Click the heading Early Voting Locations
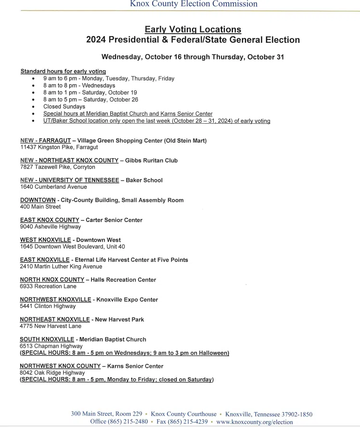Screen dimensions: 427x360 pyautogui.click(x=193, y=30)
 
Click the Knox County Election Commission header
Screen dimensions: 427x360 pyautogui.click(x=193, y=4)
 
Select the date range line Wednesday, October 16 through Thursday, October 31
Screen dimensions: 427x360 pyautogui.click(x=193, y=57)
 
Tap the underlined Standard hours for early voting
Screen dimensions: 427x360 pyautogui.click(x=63, y=71)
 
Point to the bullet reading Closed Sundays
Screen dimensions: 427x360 pyautogui.click(x=64, y=106)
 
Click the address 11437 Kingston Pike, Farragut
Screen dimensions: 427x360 pyautogui.click(x=59, y=147)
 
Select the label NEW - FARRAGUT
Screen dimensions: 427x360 pyautogui.click(x=45, y=141)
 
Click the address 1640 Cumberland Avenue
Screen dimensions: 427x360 pyautogui.click(x=53, y=187)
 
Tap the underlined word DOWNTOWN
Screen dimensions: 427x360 pyautogui.click(x=38, y=200)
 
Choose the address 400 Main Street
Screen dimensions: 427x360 pyautogui.click(x=40, y=207)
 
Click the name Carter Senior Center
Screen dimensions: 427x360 pyautogui.click(x=114, y=220)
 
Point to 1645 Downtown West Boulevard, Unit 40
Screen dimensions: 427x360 pyautogui.click(x=72, y=246)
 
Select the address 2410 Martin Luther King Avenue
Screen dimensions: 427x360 pyautogui.click(x=61, y=266)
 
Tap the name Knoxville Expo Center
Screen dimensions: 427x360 pyautogui.click(x=127, y=299)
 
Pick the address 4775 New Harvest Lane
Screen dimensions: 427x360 pyautogui.click(x=51, y=326)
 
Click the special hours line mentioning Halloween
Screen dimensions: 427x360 pyautogui.click(x=124, y=353)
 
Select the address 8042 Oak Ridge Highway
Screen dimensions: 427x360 pyautogui.click(x=52, y=373)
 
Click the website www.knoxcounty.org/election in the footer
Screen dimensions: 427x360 pyautogui.click(x=254, y=422)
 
